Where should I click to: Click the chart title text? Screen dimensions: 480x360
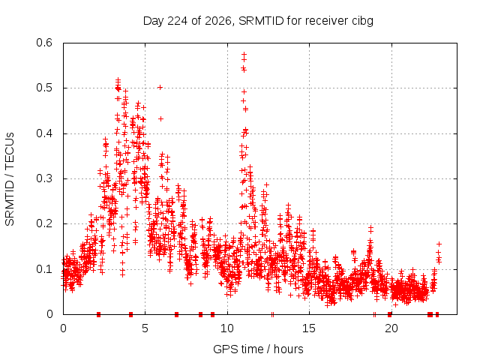point(258,21)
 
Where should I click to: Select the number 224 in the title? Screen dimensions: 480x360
point(178,21)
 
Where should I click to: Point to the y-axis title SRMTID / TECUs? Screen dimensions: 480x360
point(10,179)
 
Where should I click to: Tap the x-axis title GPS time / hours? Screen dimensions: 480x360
point(258,349)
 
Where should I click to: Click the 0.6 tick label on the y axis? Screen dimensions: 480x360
point(44,43)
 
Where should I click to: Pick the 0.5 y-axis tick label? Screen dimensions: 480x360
point(44,88)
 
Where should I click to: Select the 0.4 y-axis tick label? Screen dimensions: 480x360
point(44,133)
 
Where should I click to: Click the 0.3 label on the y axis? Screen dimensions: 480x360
point(44,178)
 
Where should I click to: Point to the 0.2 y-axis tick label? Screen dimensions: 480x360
point(44,223)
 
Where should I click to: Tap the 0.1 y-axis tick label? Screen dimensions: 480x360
point(44,269)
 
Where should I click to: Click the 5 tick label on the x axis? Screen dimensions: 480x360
point(145,328)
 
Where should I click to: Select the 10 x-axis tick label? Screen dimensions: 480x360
point(227,328)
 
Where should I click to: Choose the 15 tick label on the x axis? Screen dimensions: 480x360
point(309,328)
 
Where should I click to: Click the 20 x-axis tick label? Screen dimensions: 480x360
point(391,328)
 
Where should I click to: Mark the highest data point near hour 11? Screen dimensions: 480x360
point(244,55)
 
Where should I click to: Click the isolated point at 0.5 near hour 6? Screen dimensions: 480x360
point(160,88)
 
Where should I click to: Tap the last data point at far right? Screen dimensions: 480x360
point(439,244)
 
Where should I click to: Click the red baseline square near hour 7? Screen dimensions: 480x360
point(177,314)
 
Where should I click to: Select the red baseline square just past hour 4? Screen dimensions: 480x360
point(130,314)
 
